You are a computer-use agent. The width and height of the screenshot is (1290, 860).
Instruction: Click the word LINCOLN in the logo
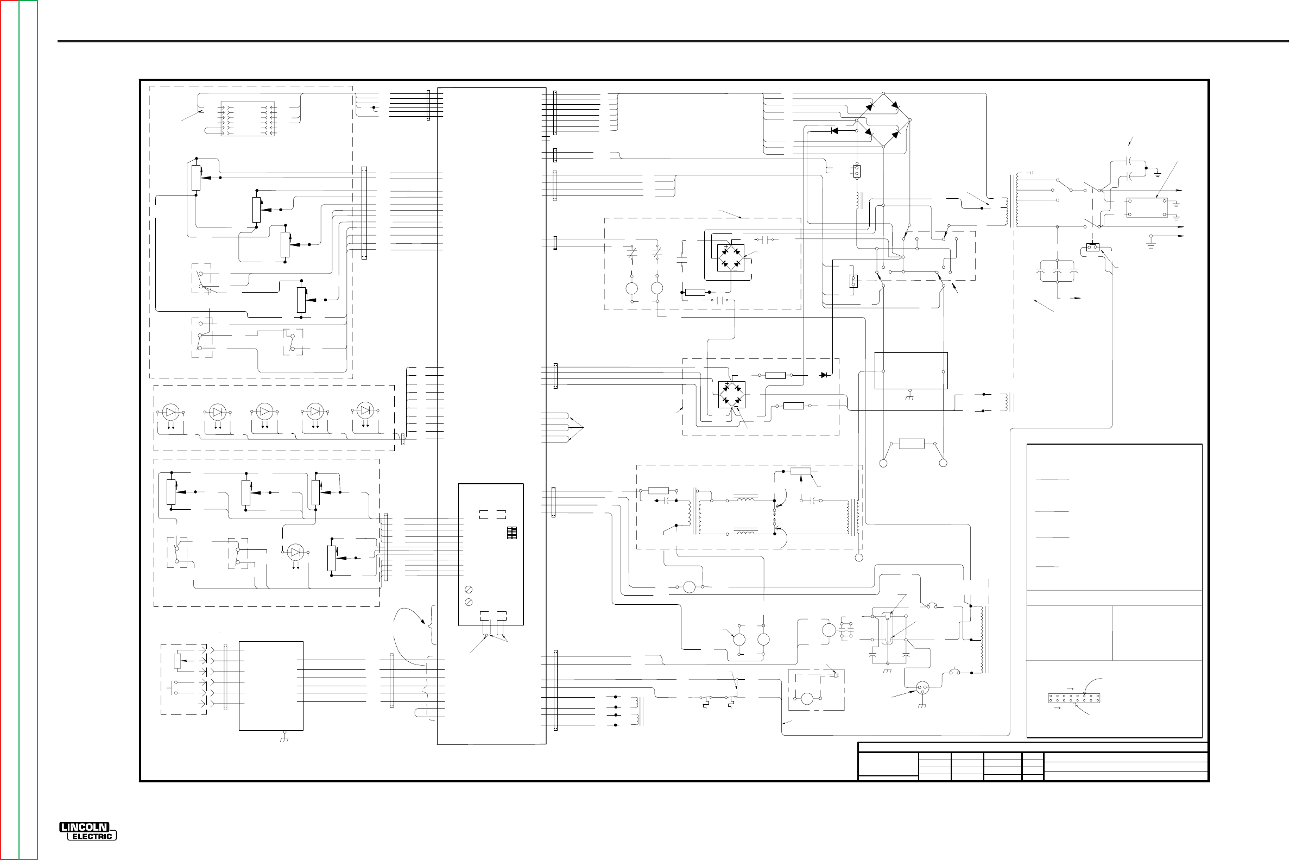85,827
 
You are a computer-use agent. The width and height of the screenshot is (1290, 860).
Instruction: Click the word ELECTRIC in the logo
92,837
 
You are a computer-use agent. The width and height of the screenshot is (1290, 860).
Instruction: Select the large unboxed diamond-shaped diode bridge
883,120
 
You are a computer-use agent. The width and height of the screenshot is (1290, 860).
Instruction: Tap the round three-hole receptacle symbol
922,688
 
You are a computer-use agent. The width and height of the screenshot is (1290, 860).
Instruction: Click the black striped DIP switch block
512,533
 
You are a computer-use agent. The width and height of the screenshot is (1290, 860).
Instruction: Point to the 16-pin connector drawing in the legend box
1074,698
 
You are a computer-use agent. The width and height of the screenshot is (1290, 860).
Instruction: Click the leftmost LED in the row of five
171,412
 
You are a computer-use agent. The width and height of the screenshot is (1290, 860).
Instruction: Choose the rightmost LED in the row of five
365,410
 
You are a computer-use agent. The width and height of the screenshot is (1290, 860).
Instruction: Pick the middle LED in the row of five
265,412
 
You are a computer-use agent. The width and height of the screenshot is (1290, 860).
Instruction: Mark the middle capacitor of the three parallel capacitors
1057,271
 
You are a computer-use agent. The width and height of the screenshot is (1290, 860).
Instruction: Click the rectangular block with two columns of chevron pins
248,118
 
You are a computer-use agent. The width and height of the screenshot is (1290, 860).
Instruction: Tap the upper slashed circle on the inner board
469,590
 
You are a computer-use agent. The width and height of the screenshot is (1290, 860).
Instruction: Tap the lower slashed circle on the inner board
469,602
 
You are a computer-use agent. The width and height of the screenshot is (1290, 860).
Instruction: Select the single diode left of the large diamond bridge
834,130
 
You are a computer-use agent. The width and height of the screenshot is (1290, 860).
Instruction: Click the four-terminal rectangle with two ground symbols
1146,207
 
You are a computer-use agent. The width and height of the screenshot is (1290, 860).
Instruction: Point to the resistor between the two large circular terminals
912,443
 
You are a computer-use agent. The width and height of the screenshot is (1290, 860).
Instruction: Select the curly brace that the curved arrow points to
434,625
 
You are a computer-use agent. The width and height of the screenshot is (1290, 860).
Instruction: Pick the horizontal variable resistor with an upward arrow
801,472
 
